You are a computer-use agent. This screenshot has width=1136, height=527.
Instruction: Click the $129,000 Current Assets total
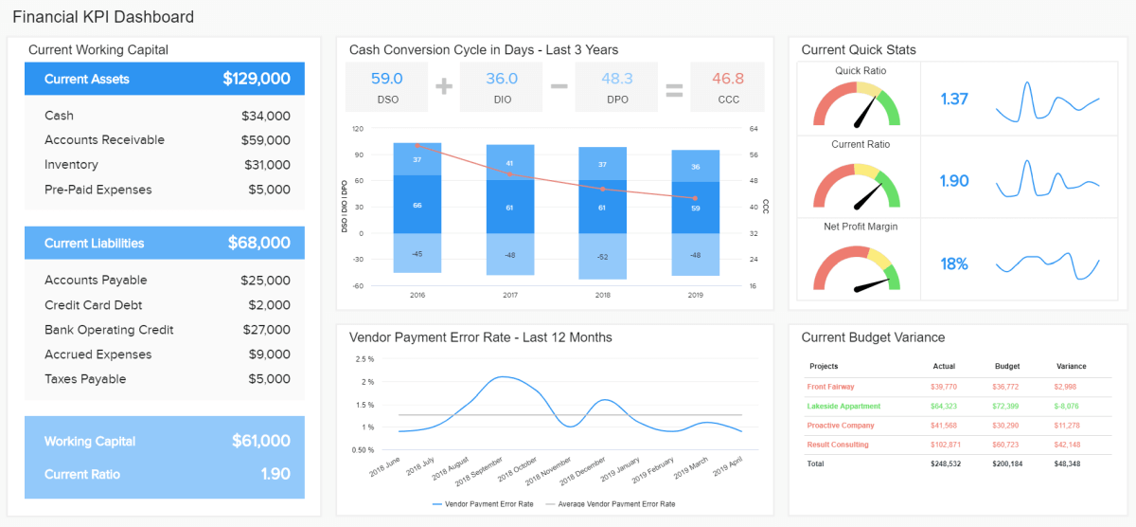256,80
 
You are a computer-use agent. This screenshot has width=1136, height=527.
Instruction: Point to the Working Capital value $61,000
260,441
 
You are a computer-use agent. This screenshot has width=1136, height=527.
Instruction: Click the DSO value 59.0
386,79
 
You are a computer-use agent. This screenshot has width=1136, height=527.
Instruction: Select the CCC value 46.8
728,79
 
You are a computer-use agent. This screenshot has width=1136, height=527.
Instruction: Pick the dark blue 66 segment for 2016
417,205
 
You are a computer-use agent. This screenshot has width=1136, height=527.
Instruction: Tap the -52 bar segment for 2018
603,257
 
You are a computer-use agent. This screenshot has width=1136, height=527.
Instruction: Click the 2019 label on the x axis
696,296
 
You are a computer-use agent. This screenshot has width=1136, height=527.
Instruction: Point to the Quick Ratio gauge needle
863,113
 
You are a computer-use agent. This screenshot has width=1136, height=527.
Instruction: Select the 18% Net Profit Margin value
954,264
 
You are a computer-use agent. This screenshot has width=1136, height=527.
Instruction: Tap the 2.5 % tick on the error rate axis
364,359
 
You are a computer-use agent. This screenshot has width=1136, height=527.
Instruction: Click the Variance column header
1071,366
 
